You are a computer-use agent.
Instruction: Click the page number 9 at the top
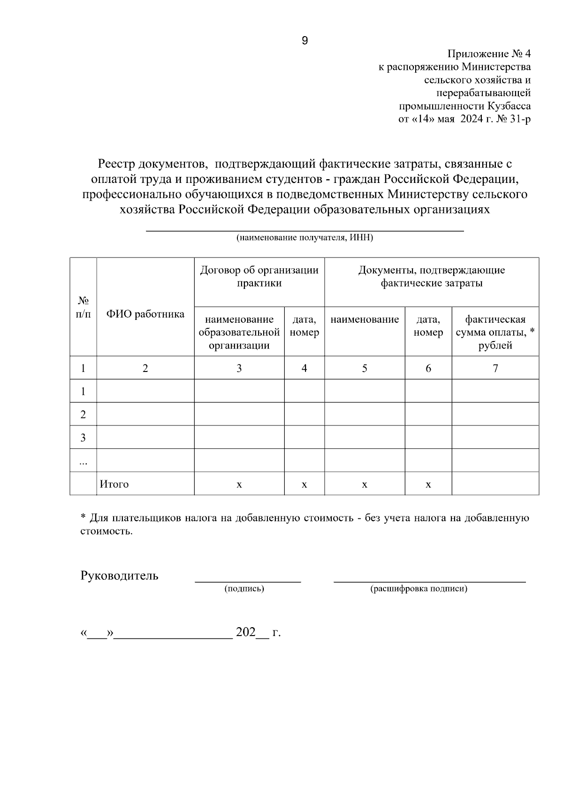click(304, 41)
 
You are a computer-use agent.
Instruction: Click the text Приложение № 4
click(489, 53)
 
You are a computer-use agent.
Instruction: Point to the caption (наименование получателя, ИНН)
click(304, 238)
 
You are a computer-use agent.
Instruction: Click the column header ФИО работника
click(145, 314)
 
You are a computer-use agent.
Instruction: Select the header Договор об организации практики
click(259, 277)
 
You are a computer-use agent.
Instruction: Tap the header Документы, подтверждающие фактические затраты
click(431, 277)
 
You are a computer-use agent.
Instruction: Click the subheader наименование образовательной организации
click(239, 332)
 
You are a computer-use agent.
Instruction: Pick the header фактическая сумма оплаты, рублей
click(495, 332)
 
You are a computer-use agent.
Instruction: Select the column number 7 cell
click(495, 368)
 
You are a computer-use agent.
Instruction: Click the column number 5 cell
click(365, 368)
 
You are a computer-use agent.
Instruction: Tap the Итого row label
click(114, 484)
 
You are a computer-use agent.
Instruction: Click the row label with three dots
click(83, 462)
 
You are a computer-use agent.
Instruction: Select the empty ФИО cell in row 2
click(145, 414)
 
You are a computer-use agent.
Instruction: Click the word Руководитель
click(120, 576)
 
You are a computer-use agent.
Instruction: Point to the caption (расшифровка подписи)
click(418, 589)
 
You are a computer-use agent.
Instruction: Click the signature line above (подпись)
click(248, 581)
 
